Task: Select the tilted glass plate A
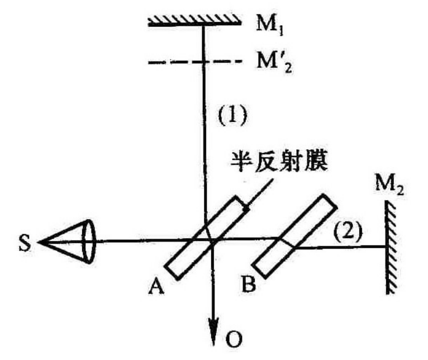coord(207,237)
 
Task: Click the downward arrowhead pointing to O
coord(212,328)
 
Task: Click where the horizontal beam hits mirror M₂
coord(387,247)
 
